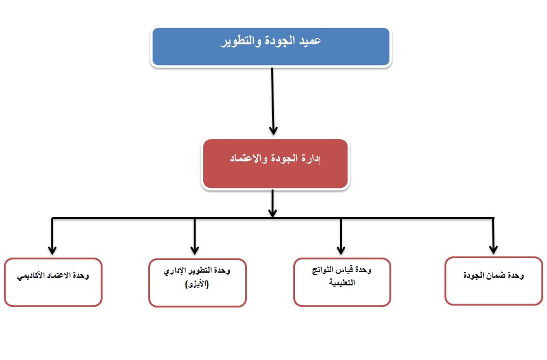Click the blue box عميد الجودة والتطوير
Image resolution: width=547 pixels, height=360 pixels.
271,47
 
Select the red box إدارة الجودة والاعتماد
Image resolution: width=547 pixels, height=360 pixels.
275,164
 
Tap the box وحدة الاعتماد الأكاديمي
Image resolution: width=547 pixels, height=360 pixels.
53,282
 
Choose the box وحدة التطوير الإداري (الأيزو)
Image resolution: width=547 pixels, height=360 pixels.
198,283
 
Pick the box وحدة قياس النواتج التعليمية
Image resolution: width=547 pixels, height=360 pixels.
342,282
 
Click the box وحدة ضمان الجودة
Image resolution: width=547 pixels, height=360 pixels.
494,281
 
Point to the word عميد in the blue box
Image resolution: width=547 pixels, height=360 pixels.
310,40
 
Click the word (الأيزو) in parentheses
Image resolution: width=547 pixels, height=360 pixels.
197,284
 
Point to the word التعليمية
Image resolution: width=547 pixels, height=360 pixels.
342,283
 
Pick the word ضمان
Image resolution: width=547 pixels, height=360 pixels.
496,275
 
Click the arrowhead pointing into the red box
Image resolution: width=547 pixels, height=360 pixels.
273,131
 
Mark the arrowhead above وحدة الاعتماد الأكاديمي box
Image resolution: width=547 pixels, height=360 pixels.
53,250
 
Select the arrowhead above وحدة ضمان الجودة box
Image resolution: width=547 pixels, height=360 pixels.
493,249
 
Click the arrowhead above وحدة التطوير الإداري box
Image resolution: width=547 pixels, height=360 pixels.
194,250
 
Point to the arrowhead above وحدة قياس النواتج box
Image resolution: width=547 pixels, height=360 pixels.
341,250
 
